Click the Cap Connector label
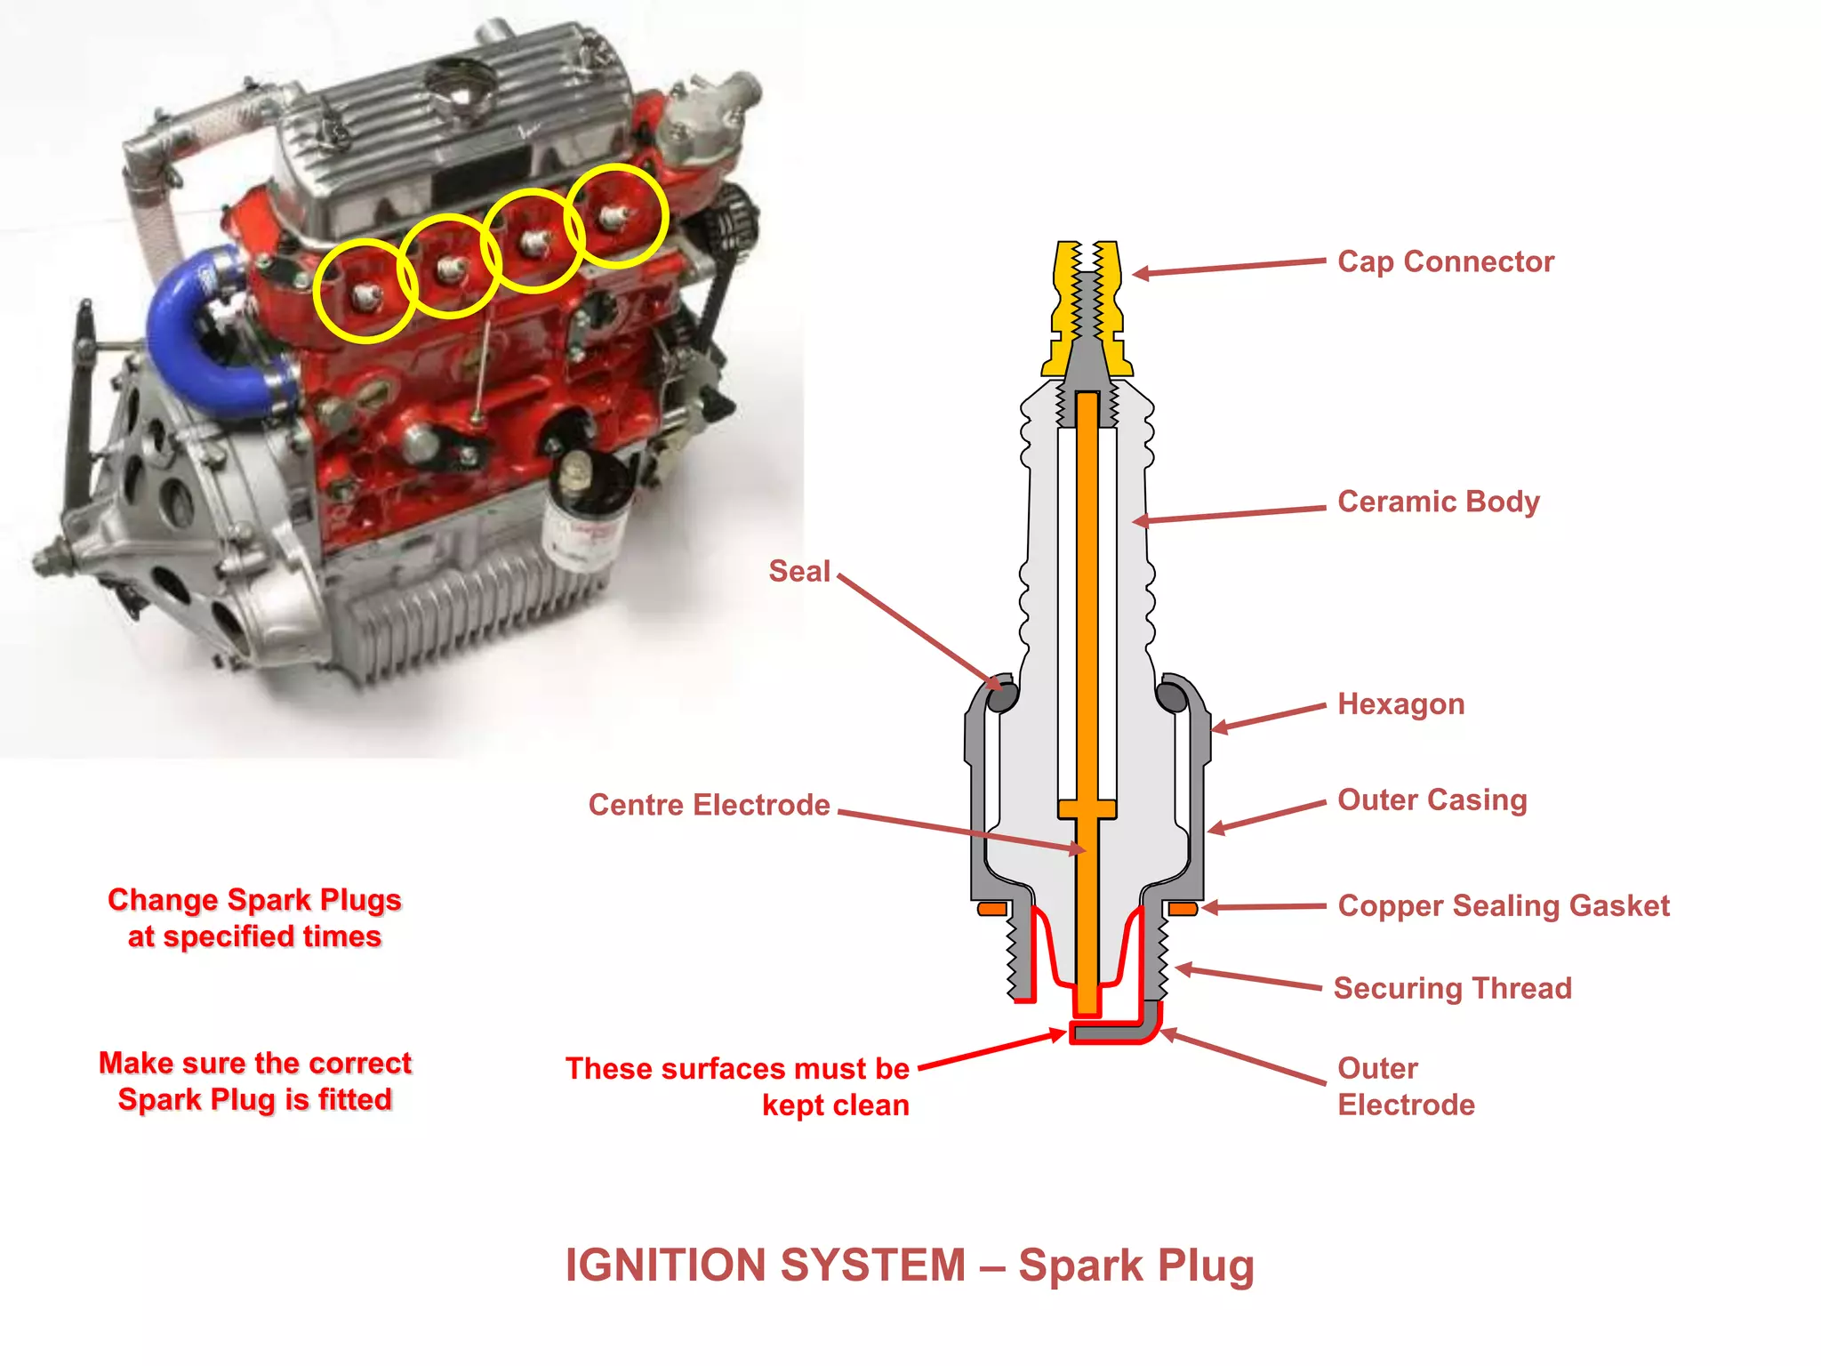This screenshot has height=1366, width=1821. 1446,261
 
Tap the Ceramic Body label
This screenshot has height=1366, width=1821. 1438,502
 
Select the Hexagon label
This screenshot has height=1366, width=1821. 1400,704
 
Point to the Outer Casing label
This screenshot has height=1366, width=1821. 1432,800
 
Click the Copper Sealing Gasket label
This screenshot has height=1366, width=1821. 1503,905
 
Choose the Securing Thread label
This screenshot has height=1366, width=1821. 1452,988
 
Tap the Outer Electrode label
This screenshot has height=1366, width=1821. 1405,1086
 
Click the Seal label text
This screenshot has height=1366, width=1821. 798,571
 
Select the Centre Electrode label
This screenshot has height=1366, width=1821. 709,805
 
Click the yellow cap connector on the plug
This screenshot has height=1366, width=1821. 1087,307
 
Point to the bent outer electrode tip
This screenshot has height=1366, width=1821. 1116,1032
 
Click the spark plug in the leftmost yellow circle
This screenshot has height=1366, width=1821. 365,294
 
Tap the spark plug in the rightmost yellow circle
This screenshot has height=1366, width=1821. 614,216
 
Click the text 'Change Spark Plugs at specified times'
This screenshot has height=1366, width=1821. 254,918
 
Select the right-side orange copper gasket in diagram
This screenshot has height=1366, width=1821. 1183,908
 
